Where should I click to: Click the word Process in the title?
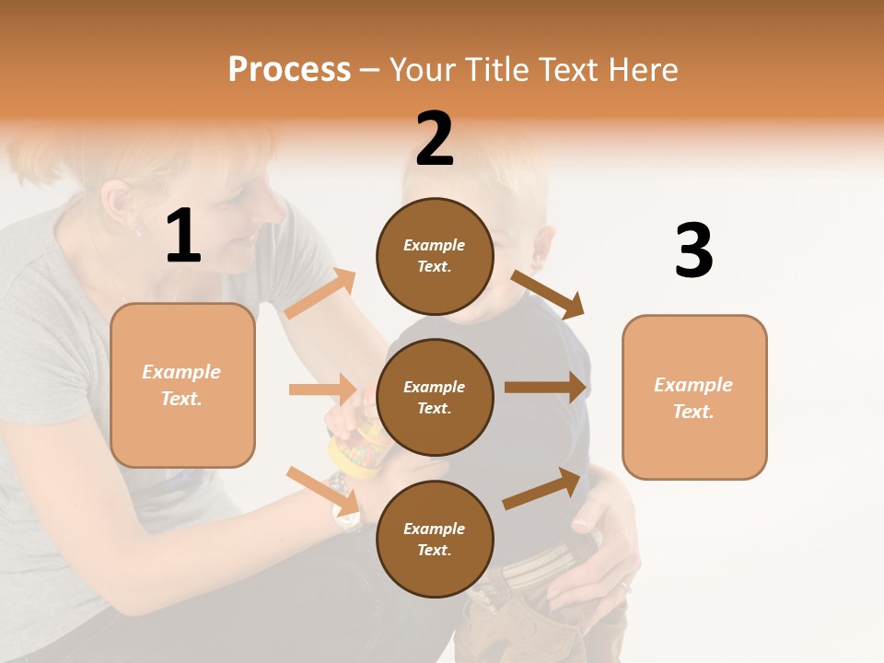pyautogui.click(x=289, y=70)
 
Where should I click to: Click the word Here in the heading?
pyautogui.click(x=640, y=70)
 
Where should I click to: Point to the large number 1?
pyautogui.click(x=183, y=237)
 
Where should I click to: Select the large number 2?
pyautogui.click(x=435, y=139)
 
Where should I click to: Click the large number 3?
pyautogui.click(x=693, y=250)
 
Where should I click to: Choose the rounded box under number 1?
pyautogui.click(x=182, y=385)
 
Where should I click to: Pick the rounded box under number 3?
pyautogui.click(x=694, y=397)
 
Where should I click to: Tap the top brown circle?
pyautogui.click(x=435, y=256)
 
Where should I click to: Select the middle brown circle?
pyautogui.click(x=435, y=397)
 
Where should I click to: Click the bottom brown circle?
pyautogui.click(x=435, y=539)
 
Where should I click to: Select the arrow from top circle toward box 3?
pyautogui.click(x=548, y=294)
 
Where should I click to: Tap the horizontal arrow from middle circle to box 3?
pyautogui.click(x=545, y=388)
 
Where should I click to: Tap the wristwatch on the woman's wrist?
pyautogui.click(x=346, y=517)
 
